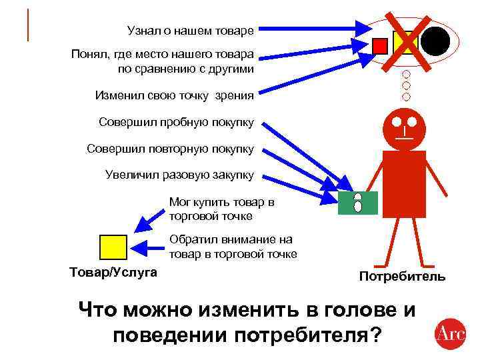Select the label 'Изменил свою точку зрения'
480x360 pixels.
[x=174, y=95]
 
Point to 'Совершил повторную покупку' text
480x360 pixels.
[x=170, y=149]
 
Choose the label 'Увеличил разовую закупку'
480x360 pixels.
[x=179, y=175]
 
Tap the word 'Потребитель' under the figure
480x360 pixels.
[x=402, y=276]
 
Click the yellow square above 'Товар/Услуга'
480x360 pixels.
[x=113, y=247]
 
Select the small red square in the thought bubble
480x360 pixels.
[x=380, y=45]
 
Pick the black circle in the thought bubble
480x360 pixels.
[x=434, y=42]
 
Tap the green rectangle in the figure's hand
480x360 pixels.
[x=358, y=203]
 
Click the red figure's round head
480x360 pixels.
[x=404, y=128]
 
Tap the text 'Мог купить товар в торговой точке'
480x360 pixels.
[x=221, y=209]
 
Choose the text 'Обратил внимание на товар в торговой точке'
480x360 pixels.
[x=233, y=247]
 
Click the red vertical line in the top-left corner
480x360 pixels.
[x=28, y=25]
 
